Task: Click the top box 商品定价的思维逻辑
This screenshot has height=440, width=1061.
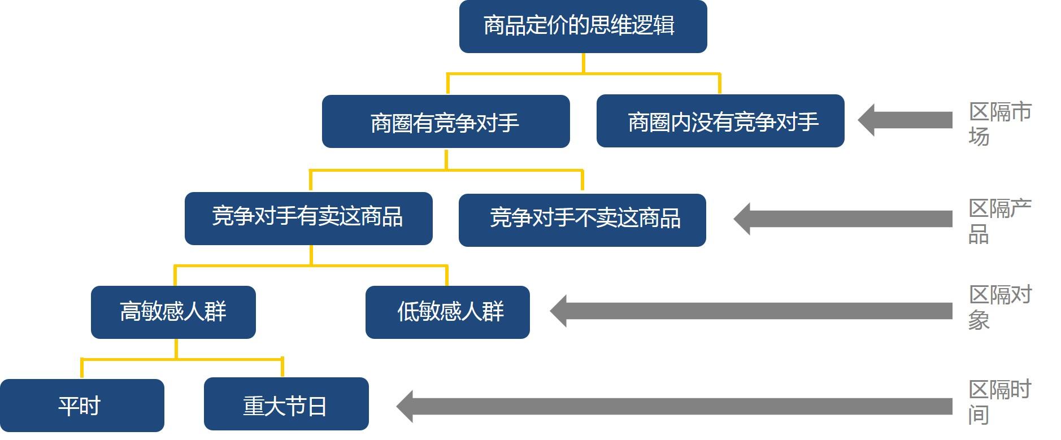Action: [582, 27]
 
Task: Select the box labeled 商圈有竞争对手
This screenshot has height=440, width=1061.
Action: [445, 122]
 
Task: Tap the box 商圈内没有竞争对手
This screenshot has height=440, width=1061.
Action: [720, 121]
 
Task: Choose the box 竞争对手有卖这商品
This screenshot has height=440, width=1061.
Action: [308, 219]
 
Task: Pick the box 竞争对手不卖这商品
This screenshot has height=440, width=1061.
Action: [582, 220]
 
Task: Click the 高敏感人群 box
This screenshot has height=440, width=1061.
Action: [173, 312]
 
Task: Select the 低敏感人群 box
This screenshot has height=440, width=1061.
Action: [447, 312]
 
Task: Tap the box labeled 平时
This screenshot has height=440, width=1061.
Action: [81, 406]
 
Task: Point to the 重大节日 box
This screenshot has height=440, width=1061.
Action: [286, 404]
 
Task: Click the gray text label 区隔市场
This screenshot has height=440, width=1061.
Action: [999, 123]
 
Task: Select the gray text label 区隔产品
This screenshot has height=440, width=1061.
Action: [999, 220]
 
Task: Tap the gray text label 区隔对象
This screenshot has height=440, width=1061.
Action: [999, 307]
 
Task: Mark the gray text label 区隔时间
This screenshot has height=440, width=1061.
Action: [999, 401]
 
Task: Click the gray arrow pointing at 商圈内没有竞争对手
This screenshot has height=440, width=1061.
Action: [905, 120]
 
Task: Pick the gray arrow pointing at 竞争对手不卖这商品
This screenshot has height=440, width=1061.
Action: [843, 219]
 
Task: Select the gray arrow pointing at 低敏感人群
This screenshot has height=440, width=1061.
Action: [751, 311]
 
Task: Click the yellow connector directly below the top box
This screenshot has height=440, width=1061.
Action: [583, 63]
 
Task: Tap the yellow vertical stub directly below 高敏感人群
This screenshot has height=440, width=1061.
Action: [176, 348]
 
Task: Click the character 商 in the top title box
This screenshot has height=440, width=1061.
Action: [494, 26]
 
